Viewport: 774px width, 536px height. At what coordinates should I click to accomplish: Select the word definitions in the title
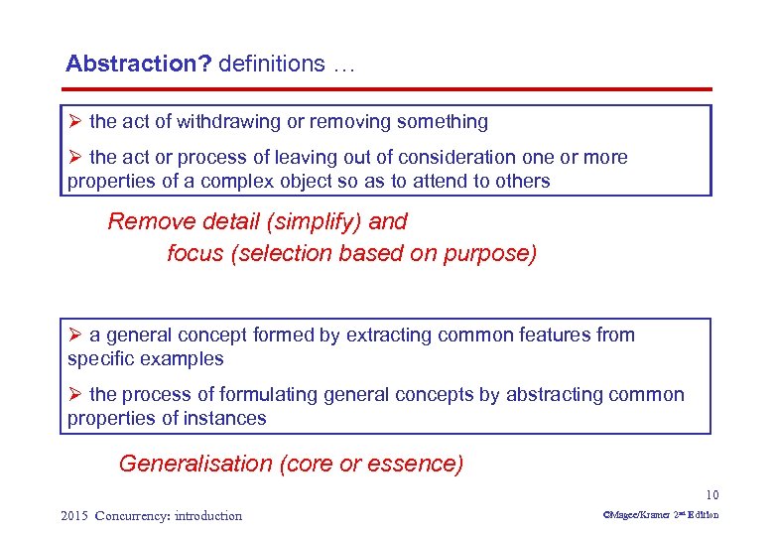pos(271,65)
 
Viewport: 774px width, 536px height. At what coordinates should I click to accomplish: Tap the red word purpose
pos(496,253)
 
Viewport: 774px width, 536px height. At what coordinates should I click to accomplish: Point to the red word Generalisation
pos(194,464)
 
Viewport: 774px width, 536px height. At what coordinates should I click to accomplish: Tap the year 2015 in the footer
pos(74,515)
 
